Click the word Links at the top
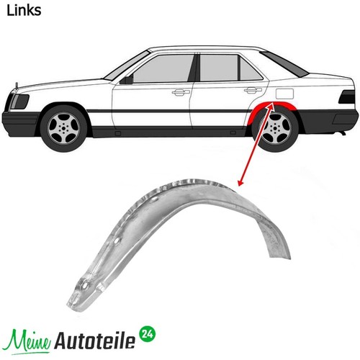pyautogui.click(x=24, y=11)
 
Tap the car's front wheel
pyautogui.click(x=63, y=127)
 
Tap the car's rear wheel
pyautogui.click(x=276, y=128)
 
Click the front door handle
pyautogui.click(x=181, y=92)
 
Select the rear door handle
pyautogui.click(x=253, y=90)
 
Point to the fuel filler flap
pyautogui.click(x=284, y=94)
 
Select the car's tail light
pyautogui.click(x=347, y=97)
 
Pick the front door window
pyautogui.click(x=163, y=68)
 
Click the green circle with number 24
pyautogui.click(x=147, y=334)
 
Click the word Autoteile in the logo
pyautogui.click(x=95, y=341)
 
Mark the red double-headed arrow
pyautogui.click(x=256, y=144)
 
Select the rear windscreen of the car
pyautogui.click(x=284, y=64)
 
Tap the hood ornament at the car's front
pyautogui.click(x=17, y=86)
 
